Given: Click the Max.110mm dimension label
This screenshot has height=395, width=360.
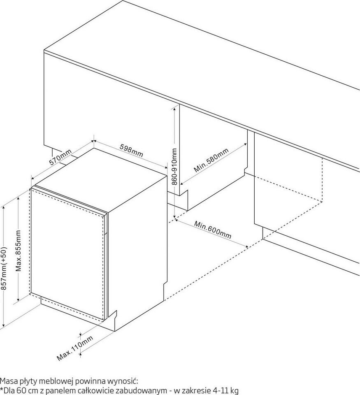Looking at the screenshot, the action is [75, 348].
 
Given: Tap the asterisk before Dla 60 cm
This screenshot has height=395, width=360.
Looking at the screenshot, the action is [2, 389].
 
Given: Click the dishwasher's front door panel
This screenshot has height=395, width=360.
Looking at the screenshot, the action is [68, 253].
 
